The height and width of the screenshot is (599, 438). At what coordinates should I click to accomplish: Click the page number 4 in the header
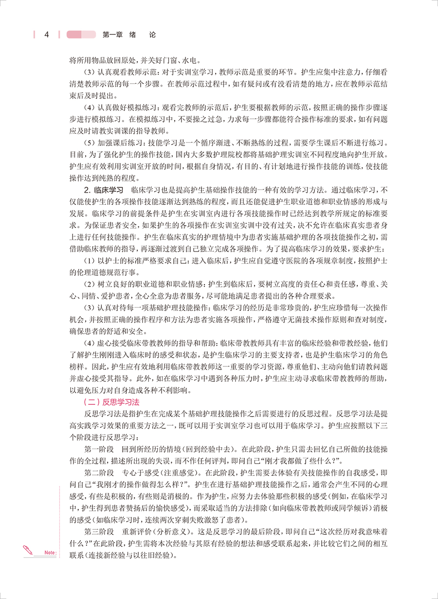(47, 35)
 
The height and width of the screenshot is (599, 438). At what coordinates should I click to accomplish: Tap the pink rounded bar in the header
(81, 35)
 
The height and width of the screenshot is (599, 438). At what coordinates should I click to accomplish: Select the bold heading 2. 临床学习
(104, 189)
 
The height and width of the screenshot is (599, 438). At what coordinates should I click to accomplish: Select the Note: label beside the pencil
(50, 552)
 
